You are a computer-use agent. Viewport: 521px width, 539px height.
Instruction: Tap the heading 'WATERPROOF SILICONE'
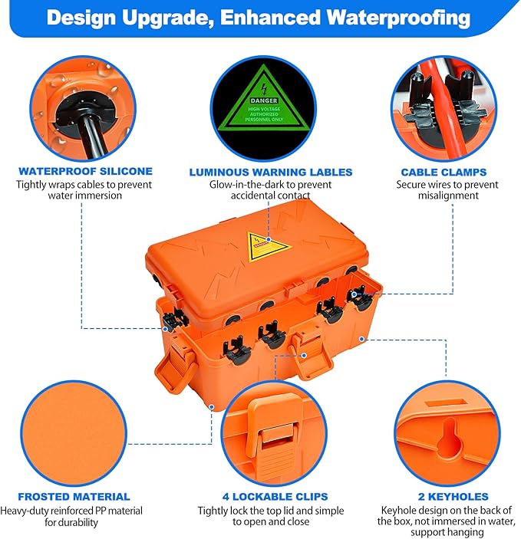pos(85,172)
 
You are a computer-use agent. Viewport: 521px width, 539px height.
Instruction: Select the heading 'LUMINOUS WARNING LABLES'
pos(260,172)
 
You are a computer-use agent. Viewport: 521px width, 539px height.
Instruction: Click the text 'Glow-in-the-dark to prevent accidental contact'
pos(260,190)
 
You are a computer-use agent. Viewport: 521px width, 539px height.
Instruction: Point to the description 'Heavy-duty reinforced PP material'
pos(71,511)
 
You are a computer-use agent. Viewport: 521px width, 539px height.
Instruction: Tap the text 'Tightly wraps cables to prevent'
pos(85,185)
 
